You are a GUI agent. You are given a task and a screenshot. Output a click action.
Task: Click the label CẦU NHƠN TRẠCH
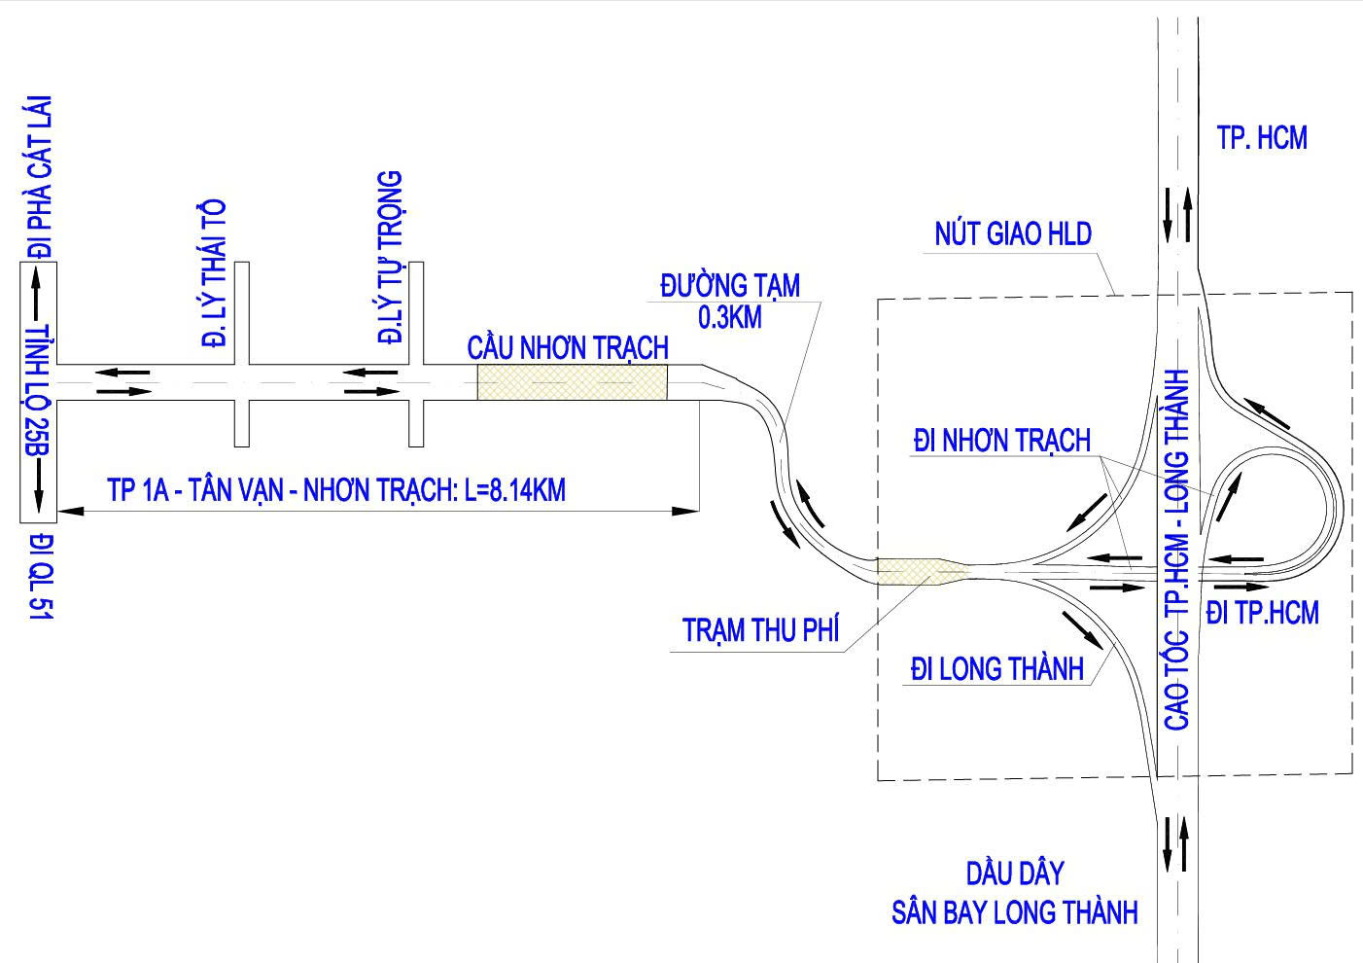(x=568, y=347)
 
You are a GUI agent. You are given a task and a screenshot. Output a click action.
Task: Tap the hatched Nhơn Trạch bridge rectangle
(x=572, y=382)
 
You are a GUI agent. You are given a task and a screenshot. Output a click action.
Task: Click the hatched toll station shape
(x=919, y=572)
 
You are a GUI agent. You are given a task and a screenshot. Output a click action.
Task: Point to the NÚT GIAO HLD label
(x=1013, y=234)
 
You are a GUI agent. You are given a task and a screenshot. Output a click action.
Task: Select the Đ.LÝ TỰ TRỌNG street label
(x=391, y=258)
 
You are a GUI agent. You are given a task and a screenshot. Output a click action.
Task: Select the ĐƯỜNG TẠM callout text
(x=730, y=286)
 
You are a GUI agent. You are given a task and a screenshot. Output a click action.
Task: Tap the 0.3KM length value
(x=730, y=317)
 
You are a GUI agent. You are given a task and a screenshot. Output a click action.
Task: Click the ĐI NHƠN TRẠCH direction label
(x=1001, y=441)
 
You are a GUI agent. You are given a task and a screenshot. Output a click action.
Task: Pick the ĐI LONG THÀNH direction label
(x=996, y=669)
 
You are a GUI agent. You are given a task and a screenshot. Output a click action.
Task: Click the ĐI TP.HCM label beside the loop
(x=1262, y=613)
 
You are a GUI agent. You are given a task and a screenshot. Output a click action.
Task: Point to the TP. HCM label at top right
(x=1262, y=138)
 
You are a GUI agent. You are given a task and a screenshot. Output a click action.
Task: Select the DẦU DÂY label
(x=1014, y=873)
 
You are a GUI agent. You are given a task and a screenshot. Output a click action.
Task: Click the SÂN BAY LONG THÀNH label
(x=1014, y=913)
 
